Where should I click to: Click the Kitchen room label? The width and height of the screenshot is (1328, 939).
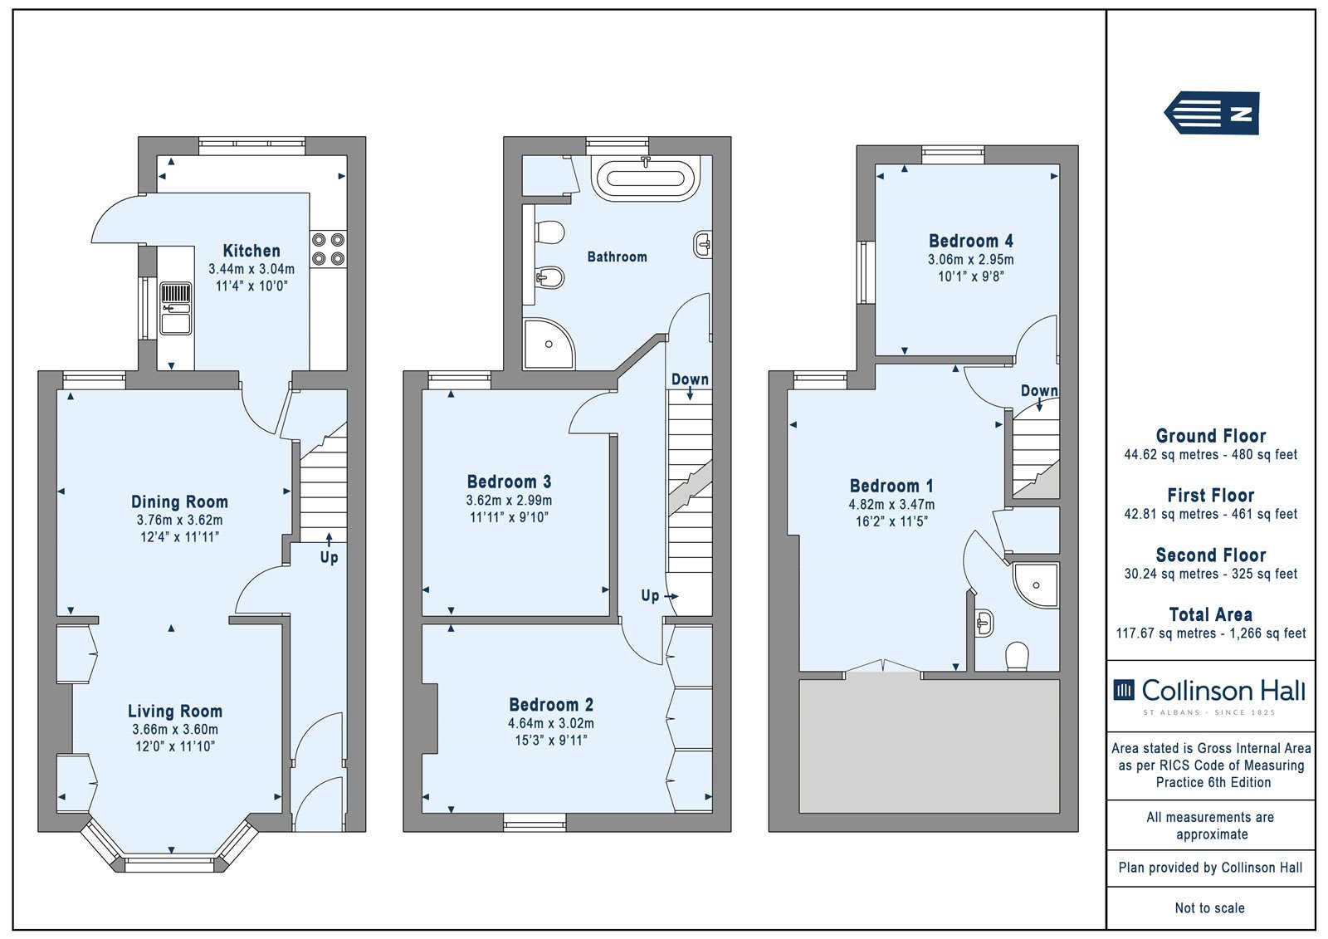click(x=251, y=251)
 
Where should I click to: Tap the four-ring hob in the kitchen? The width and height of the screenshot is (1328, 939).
click(x=329, y=249)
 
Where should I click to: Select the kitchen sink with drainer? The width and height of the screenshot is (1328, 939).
click(x=176, y=308)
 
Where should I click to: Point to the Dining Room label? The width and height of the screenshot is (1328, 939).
click(x=179, y=501)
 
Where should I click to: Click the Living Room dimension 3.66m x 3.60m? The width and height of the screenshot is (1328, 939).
click(x=175, y=730)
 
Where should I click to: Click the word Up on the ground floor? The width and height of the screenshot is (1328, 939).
click(x=329, y=558)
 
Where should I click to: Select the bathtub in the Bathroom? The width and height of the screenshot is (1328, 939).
click(x=646, y=177)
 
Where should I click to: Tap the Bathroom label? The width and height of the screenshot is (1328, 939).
click(x=618, y=257)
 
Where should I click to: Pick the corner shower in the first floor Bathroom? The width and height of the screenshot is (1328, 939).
click(x=549, y=344)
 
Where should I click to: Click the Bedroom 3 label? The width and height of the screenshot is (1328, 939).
click(x=510, y=481)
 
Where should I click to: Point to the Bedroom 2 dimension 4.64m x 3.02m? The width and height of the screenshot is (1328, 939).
click(x=551, y=724)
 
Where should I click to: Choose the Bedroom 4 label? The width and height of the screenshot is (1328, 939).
click(x=971, y=241)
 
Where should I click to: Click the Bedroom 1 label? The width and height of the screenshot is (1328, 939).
click(x=891, y=486)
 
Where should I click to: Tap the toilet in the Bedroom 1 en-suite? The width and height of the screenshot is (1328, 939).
click(x=1018, y=656)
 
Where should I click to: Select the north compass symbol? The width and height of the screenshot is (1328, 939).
click(x=1212, y=113)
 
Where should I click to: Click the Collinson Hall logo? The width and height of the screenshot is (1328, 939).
click(x=1210, y=696)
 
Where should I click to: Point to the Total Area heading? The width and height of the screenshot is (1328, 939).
click(x=1211, y=614)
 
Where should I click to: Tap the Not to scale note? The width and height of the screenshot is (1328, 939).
click(x=1210, y=908)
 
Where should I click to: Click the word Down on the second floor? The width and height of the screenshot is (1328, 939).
click(x=1039, y=390)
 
